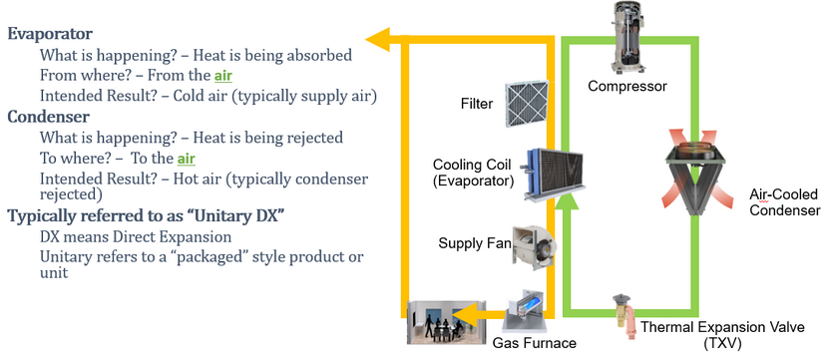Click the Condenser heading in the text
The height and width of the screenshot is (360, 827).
[49, 117]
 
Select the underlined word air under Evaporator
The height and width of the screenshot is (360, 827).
[224, 75]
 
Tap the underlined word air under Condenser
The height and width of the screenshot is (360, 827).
[187, 159]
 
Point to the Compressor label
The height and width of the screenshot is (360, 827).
[626, 87]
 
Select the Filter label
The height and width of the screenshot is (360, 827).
[476, 104]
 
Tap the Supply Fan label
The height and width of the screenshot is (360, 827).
[475, 242]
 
